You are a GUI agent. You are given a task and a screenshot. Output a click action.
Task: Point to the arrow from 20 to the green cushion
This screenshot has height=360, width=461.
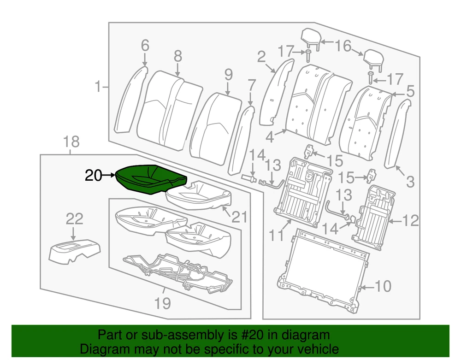(x=108, y=175)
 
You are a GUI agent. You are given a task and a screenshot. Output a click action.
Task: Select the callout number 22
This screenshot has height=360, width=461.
(x=74, y=218)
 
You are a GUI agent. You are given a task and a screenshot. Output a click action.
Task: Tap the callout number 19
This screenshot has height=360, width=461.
(x=162, y=303)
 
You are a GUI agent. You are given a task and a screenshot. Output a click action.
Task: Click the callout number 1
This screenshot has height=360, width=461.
(x=97, y=86)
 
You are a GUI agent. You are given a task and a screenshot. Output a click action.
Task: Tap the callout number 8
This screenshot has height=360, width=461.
(x=178, y=56)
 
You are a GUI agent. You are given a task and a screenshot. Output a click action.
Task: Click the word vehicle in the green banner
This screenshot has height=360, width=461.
(x=321, y=349)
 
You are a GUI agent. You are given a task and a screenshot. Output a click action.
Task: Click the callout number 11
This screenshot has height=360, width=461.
(x=277, y=236)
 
